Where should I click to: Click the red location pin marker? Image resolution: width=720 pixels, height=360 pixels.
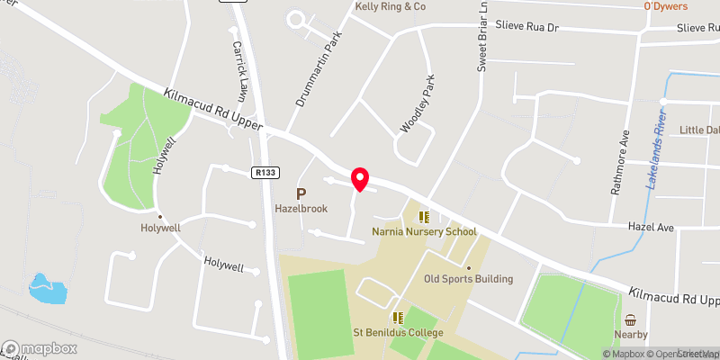point(359,178)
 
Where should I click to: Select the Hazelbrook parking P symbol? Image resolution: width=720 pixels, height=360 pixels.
point(301,193)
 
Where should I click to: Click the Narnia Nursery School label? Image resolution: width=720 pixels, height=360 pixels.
point(424,231)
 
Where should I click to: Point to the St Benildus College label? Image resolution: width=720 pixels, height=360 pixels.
point(397,333)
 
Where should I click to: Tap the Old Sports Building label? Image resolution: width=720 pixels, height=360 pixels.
point(468,279)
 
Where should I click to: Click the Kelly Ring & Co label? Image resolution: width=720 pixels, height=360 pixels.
point(390,6)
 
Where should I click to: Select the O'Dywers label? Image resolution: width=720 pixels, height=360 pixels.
point(665,6)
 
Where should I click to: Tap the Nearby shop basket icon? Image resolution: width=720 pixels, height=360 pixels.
point(630,321)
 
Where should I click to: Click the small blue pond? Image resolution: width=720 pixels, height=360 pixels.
point(43,288)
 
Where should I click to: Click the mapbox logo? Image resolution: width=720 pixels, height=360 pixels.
point(39,348)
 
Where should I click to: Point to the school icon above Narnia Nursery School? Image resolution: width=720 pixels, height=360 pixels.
point(424,216)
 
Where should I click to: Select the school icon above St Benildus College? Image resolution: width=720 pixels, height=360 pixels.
point(397,318)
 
